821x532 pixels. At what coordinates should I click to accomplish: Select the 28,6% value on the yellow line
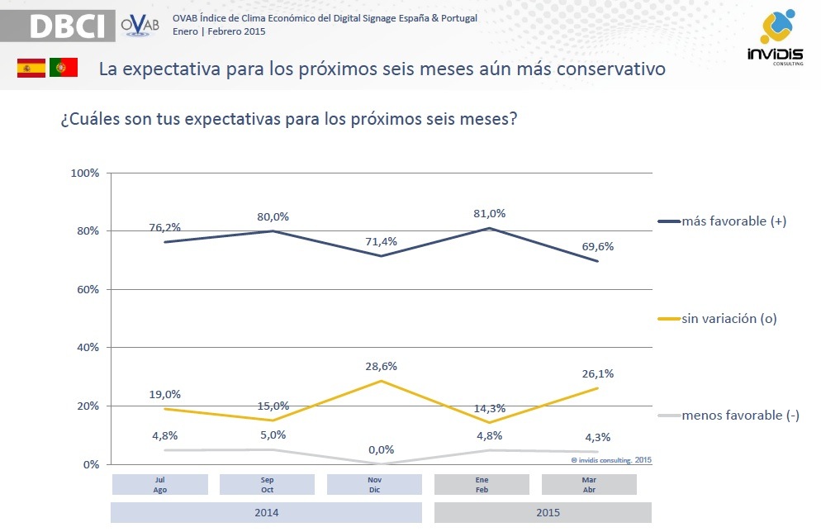point(382,365)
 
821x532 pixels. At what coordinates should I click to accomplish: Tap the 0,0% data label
point(382,450)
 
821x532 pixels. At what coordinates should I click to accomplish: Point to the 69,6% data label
point(598,246)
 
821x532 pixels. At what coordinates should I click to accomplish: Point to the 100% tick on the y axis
point(85,173)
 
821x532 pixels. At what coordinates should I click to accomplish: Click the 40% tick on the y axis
point(88,348)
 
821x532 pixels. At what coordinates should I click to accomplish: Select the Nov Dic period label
point(374,484)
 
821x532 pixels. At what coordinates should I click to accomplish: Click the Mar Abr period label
point(589,484)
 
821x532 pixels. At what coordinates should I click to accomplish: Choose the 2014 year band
point(266,512)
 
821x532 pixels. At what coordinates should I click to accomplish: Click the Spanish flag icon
point(31,69)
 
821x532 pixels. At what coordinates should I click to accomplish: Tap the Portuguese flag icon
point(64,69)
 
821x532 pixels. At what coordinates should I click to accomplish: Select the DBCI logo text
point(68,26)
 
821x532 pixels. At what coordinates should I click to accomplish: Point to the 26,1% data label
point(598,373)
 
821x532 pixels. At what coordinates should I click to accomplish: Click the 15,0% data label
point(274,406)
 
